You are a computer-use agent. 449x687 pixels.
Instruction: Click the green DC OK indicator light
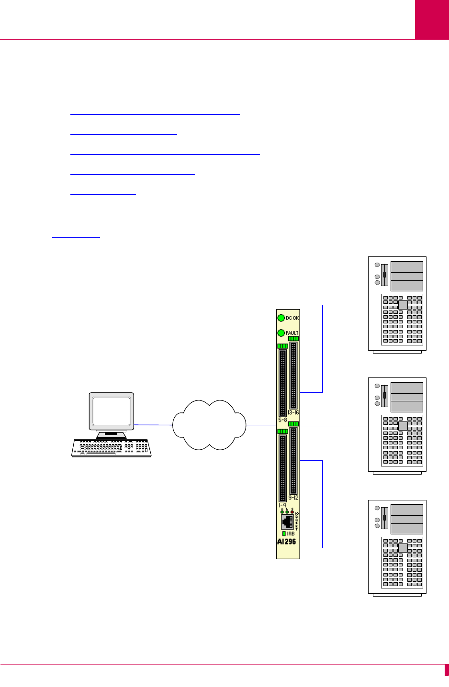pos(281,318)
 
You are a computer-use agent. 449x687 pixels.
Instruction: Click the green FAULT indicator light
pos(281,332)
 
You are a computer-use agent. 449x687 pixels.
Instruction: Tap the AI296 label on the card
pos(286,542)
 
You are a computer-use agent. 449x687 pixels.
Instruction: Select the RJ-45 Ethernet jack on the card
pos(288,522)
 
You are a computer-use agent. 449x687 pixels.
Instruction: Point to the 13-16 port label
pos(293,412)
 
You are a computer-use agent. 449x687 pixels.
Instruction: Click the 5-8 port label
pos(282,420)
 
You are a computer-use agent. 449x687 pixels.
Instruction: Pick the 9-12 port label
pos(293,498)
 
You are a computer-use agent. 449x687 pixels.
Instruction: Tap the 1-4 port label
pos(282,505)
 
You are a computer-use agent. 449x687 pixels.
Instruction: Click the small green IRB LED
pos(284,533)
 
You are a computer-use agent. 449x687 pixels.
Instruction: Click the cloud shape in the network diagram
pos(209,425)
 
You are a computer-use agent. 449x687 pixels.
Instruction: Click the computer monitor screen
pos(112,411)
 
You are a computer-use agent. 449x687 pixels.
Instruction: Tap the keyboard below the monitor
pos(112,448)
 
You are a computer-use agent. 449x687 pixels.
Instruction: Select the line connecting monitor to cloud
pos(153,424)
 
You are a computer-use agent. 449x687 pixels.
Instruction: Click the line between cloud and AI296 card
pos(261,424)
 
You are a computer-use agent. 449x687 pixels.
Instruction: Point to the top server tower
pos(397,304)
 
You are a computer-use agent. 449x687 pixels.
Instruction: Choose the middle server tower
pos(397,425)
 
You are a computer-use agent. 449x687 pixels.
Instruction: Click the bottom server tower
pos(397,547)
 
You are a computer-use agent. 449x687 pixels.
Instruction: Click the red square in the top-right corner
pos(432,19)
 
